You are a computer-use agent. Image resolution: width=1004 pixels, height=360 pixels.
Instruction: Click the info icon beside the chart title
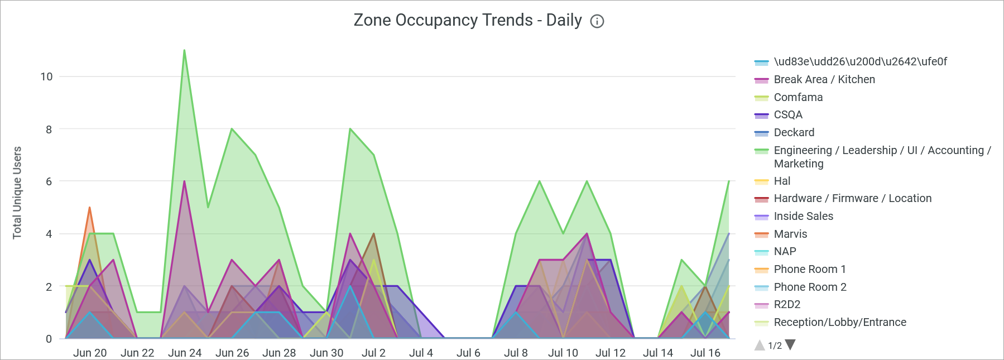[597, 22]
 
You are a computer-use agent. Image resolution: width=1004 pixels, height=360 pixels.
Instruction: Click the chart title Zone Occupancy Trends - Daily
[468, 21]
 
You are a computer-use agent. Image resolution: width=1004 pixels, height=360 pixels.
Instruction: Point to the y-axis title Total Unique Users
[17, 193]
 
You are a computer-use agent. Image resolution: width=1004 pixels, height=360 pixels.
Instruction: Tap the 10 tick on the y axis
[46, 76]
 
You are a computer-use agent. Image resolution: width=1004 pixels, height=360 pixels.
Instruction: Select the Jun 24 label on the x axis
[185, 353]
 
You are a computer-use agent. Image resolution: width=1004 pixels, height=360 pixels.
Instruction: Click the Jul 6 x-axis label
[468, 353]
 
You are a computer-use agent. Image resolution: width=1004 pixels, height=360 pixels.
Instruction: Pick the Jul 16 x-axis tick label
[705, 353]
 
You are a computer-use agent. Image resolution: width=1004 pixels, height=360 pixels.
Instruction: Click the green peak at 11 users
[184, 51]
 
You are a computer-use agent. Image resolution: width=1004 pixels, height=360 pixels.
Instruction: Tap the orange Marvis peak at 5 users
[89, 208]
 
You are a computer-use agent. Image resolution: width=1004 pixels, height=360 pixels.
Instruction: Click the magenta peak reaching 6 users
[184, 181]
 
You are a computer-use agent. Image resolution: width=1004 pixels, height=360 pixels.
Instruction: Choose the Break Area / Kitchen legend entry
[824, 80]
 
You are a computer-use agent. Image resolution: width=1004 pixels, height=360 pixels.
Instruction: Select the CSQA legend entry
[787, 115]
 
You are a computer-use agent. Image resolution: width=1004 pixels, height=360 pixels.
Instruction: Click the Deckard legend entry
[794, 133]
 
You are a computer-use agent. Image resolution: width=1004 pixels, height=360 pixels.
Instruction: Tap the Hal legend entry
[781, 181]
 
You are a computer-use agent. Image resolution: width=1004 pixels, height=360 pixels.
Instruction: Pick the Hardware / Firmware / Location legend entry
[852, 199]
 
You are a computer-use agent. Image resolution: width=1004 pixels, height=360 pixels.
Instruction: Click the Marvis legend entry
[790, 234]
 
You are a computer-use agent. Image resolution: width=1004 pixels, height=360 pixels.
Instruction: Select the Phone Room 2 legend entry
[810, 287]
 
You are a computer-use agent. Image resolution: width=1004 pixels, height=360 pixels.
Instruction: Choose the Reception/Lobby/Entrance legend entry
[839, 323]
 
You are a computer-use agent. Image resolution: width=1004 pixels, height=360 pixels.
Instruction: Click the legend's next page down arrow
[790, 345]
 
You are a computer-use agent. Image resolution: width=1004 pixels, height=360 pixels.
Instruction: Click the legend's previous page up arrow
[760, 345]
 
